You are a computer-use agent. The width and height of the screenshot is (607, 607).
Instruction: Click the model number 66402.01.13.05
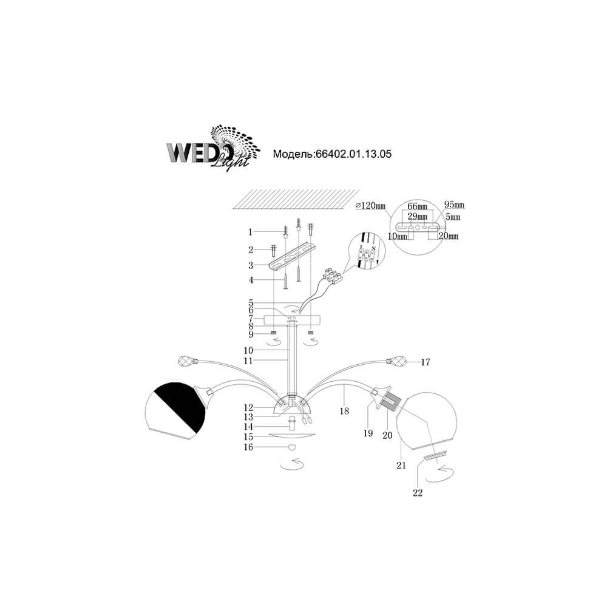(x=353, y=154)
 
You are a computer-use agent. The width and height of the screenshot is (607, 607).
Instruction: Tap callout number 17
(x=425, y=362)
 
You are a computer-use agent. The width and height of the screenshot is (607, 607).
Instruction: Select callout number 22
(x=418, y=493)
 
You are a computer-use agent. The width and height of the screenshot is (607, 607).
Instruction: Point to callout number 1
(x=251, y=232)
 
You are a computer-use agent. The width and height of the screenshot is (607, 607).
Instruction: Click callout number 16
(x=248, y=447)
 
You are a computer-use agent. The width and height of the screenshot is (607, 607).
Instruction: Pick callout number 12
(x=248, y=408)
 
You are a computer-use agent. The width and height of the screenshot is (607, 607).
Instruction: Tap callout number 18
(x=344, y=411)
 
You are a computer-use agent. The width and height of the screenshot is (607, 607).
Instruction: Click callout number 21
(x=401, y=466)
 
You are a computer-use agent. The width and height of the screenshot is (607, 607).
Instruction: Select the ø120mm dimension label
(x=370, y=206)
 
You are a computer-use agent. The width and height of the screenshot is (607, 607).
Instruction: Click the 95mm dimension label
(x=454, y=204)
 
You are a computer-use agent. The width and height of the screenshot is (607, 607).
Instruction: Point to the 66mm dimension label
(x=418, y=207)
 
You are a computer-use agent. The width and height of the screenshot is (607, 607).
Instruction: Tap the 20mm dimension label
(x=449, y=236)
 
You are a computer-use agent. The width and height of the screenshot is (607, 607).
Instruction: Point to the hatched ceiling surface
(x=296, y=199)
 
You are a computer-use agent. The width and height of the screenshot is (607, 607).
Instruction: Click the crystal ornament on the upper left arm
(x=188, y=362)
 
